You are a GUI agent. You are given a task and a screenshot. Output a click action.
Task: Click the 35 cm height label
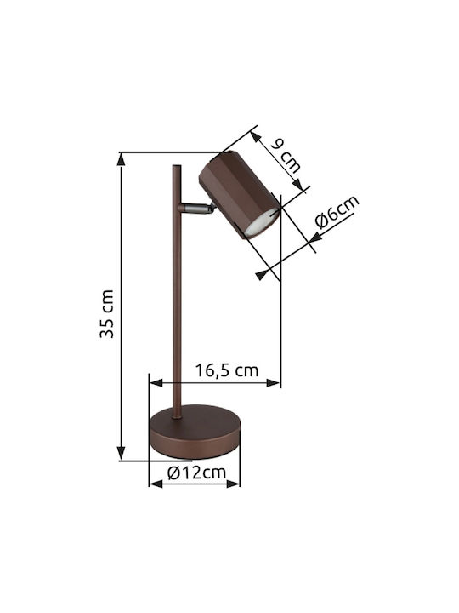(106, 314)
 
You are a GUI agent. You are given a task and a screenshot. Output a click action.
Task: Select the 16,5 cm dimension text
(227, 370)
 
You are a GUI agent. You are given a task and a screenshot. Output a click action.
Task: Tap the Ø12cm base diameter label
(196, 473)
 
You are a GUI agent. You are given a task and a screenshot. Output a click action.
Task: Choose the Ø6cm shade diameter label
(337, 211)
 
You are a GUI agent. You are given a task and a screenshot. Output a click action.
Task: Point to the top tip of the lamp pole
(177, 166)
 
